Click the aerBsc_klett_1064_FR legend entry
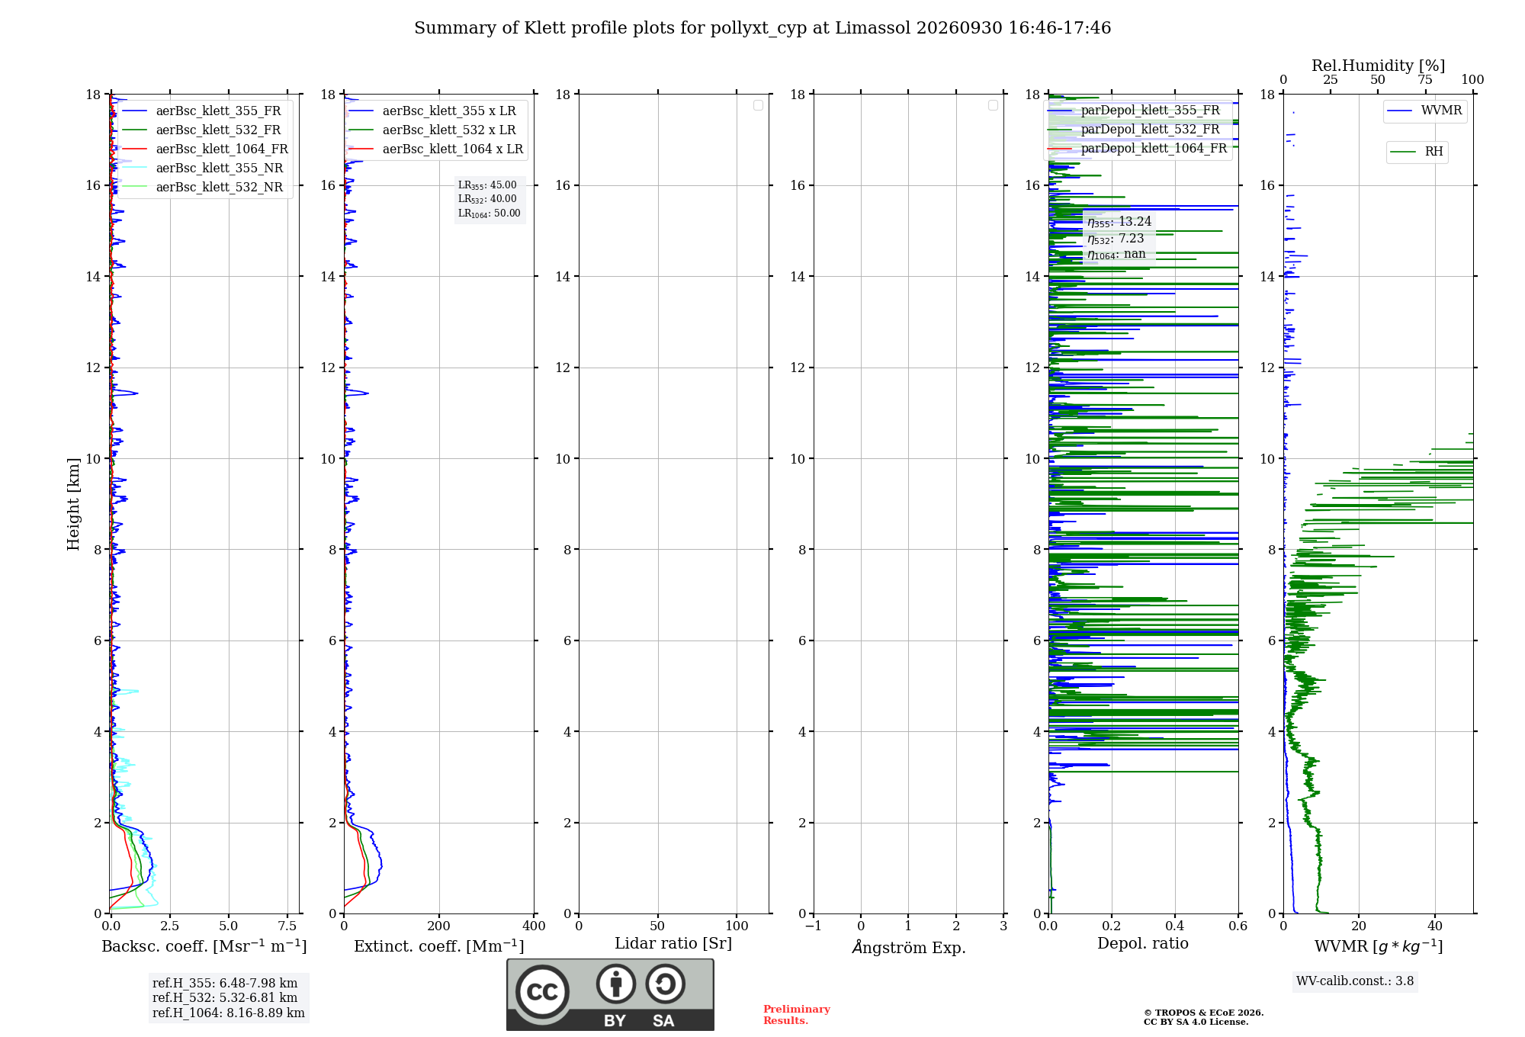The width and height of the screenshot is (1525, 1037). [x=205, y=149]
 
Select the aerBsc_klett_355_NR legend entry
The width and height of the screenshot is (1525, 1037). [x=203, y=169]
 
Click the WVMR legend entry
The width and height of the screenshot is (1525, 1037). [x=1424, y=111]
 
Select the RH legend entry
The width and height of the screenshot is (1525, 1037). [x=1417, y=152]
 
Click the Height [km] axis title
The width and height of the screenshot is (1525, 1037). [x=73, y=504]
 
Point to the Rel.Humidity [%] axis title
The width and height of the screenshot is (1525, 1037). [x=1379, y=66]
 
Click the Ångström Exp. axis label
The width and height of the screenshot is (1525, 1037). [x=909, y=947]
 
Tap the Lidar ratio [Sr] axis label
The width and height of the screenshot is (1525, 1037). [x=673, y=944]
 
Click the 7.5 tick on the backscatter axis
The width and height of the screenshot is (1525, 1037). [x=287, y=926]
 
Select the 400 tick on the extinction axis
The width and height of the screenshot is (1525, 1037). [x=534, y=926]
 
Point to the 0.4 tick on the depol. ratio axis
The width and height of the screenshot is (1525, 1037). [x=1175, y=926]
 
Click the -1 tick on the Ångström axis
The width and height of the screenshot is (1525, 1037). [x=814, y=926]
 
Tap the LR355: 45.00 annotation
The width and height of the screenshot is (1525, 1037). [x=487, y=185]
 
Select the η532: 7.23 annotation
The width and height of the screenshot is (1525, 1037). [x=1116, y=239]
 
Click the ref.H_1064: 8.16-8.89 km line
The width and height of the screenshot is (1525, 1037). [x=229, y=1013]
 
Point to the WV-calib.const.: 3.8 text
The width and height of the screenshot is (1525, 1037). [x=1355, y=981]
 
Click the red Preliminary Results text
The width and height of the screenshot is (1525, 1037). [x=797, y=1015]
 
